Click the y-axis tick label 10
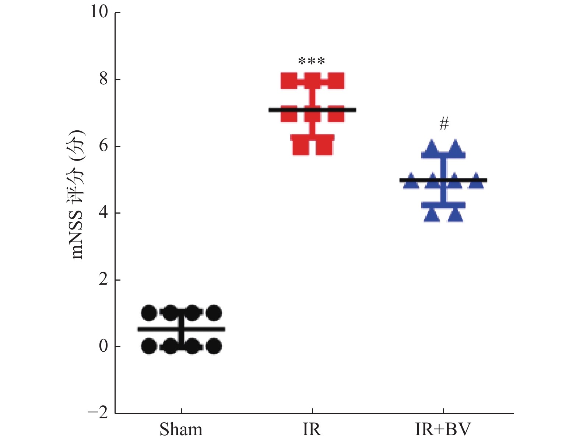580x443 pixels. point(99,12)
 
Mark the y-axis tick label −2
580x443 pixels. point(98,413)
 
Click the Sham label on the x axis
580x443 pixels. point(181,429)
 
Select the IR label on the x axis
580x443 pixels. point(312,429)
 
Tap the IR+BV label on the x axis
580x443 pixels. point(443,429)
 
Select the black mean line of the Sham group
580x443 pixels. point(181,329)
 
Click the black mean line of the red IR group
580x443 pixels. point(312,110)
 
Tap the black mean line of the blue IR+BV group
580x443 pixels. point(443,180)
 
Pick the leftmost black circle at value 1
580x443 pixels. point(149,313)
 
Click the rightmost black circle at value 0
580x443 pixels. point(214,346)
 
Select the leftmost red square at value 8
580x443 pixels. point(289,81)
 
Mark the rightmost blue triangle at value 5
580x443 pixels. point(477,181)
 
